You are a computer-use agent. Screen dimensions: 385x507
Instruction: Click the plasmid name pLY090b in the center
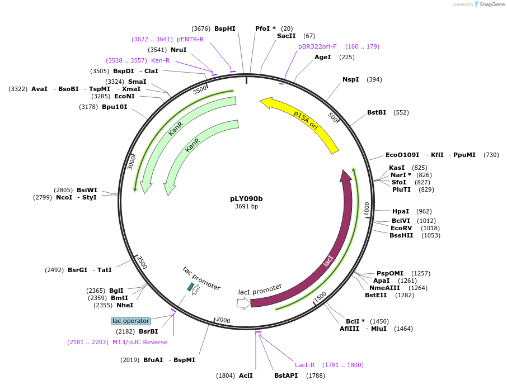(x=246, y=198)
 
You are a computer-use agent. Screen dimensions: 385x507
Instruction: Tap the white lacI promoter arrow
(x=243, y=303)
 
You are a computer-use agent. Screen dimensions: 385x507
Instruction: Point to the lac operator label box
(x=131, y=321)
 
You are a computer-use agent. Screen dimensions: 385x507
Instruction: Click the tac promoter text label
(x=201, y=278)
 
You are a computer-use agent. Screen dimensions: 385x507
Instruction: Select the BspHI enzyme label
(x=225, y=28)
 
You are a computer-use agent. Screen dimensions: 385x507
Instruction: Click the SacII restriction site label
(x=286, y=36)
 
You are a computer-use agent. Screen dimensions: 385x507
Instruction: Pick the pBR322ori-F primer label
(x=317, y=46)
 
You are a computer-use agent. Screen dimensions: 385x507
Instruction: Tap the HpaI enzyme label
(x=400, y=211)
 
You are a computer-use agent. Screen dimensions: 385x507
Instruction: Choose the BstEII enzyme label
(x=375, y=295)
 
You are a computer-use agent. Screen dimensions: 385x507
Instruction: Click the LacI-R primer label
(x=304, y=365)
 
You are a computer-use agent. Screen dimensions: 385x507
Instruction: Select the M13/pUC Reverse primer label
(x=140, y=342)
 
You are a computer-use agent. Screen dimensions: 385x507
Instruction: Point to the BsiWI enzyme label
(x=87, y=190)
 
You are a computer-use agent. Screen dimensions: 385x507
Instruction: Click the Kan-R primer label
(x=160, y=60)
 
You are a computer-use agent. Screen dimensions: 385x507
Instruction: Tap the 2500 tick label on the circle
(x=142, y=263)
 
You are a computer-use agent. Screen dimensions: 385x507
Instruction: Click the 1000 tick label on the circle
(x=367, y=208)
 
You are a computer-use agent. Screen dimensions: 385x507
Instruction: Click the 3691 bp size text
(x=246, y=207)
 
